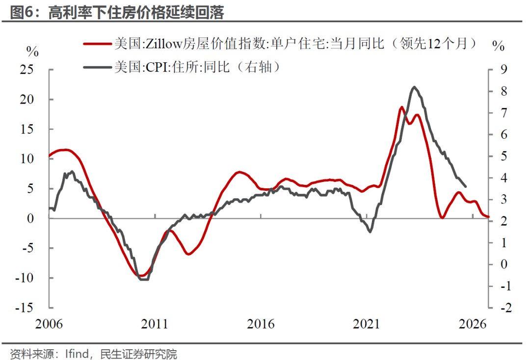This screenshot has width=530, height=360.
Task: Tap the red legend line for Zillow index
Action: coord(97,44)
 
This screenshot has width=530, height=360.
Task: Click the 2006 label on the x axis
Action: coord(50,324)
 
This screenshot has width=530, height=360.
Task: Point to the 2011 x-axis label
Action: coord(155,324)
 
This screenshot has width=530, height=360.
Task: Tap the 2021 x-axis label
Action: coord(367,324)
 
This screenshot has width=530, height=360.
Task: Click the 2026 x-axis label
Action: coord(472,324)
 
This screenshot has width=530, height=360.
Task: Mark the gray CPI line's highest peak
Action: coord(414,87)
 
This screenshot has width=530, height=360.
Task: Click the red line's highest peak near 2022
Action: coord(401,107)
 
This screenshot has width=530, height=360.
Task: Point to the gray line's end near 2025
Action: coord(465,186)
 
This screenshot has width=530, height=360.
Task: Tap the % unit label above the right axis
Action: coord(498,47)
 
